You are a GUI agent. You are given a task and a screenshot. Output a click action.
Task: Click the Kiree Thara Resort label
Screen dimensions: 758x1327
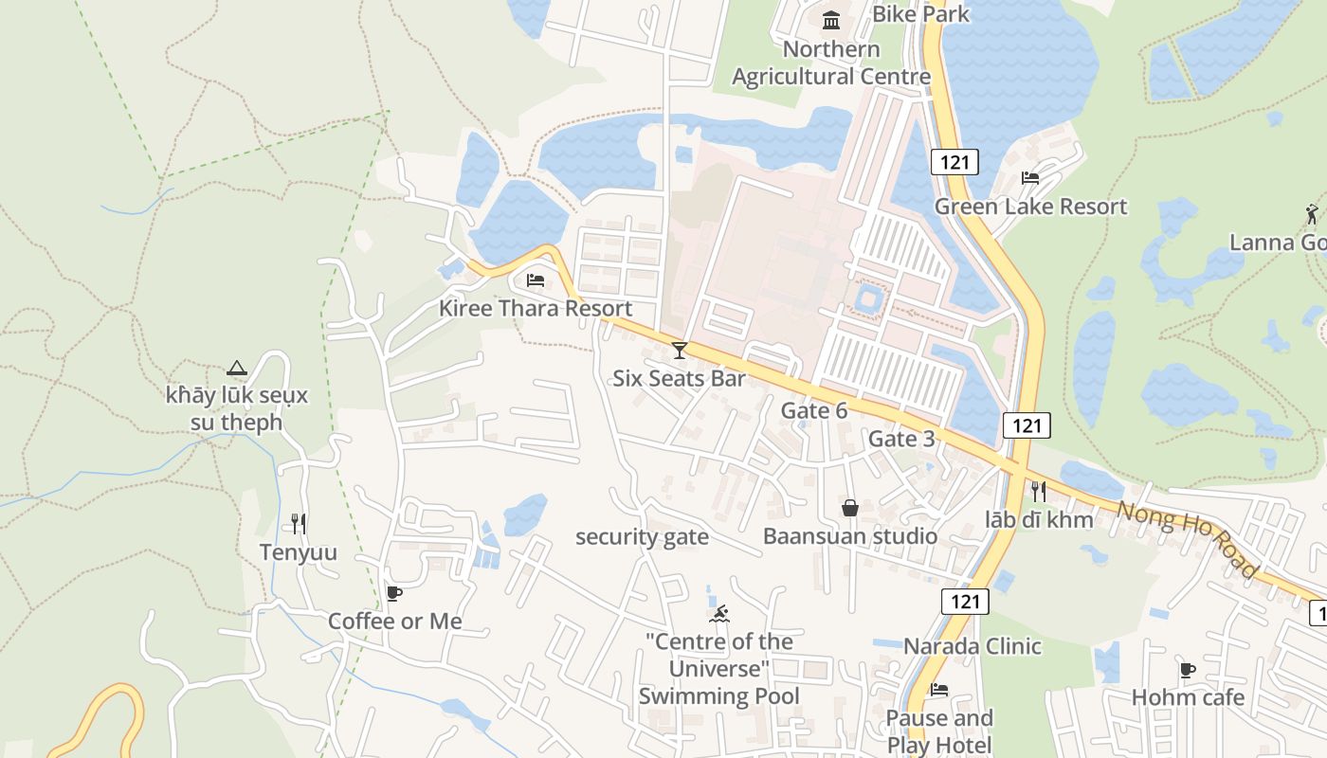click(x=535, y=308)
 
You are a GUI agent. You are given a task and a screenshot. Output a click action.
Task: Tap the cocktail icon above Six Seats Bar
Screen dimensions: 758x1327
click(x=679, y=351)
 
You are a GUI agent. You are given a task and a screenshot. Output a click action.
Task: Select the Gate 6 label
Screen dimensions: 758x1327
click(x=813, y=410)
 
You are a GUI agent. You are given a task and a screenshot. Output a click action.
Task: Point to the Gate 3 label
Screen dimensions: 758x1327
click(x=901, y=439)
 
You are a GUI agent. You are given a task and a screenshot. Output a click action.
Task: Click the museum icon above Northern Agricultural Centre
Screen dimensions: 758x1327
click(x=831, y=20)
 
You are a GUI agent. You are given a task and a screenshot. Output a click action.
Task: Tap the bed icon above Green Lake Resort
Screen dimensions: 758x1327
click(x=1030, y=178)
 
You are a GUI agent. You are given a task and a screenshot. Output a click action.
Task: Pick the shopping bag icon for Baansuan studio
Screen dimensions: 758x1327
click(x=850, y=508)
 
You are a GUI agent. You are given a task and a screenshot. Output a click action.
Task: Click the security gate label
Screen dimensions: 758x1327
click(x=642, y=537)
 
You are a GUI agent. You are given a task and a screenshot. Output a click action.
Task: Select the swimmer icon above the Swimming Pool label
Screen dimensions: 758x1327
click(x=720, y=614)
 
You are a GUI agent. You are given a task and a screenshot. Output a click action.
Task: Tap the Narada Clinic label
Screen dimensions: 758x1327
click(x=972, y=646)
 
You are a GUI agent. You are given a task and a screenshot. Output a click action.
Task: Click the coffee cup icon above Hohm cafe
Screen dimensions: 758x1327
click(x=1187, y=671)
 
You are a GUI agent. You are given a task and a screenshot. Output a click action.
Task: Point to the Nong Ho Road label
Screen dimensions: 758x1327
click(x=1186, y=539)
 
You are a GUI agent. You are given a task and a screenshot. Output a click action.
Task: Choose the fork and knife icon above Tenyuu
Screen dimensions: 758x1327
click(x=299, y=524)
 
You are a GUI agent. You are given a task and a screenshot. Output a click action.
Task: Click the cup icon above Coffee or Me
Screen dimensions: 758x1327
click(x=394, y=594)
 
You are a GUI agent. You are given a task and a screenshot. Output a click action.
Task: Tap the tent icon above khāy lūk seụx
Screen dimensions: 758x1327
click(x=237, y=368)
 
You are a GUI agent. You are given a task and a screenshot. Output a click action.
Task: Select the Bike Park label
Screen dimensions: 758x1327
click(x=920, y=14)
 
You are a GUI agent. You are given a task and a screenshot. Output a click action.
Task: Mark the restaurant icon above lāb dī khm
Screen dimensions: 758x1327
click(x=1039, y=492)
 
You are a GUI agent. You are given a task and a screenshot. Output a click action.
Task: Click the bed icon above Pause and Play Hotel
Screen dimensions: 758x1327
click(x=938, y=690)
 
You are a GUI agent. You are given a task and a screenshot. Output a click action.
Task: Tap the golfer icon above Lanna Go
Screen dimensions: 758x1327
click(x=1312, y=213)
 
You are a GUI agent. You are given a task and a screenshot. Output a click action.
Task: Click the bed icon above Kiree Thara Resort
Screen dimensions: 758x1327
click(x=536, y=280)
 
